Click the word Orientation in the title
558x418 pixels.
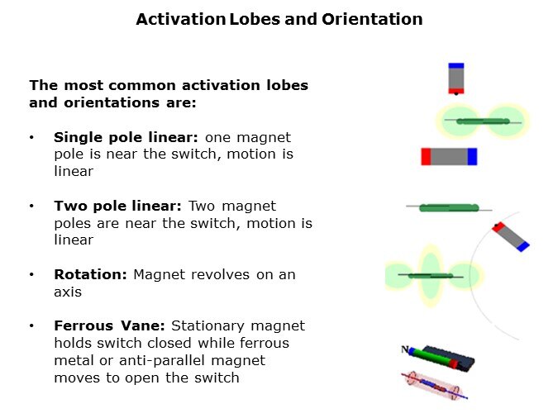click(x=372, y=19)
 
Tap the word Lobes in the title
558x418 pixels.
click(x=255, y=19)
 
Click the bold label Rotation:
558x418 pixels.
click(x=90, y=274)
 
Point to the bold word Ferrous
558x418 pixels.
click(x=83, y=325)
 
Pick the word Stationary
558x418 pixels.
click(x=207, y=326)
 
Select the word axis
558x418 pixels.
click(x=68, y=292)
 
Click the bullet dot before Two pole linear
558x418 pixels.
click(x=31, y=206)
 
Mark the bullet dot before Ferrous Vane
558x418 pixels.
click(x=31, y=325)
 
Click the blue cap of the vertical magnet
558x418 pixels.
click(x=456, y=66)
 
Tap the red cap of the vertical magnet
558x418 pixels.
click(x=456, y=91)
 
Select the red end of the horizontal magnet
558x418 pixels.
click(x=426, y=156)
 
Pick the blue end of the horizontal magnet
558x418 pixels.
click(x=472, y=156)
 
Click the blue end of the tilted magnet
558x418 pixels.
click(x=523, y=246)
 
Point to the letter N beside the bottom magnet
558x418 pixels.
click(x=404, y=349)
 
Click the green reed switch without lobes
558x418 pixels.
click(x=449, y=207)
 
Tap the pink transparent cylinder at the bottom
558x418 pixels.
click(x=433, y=386)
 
